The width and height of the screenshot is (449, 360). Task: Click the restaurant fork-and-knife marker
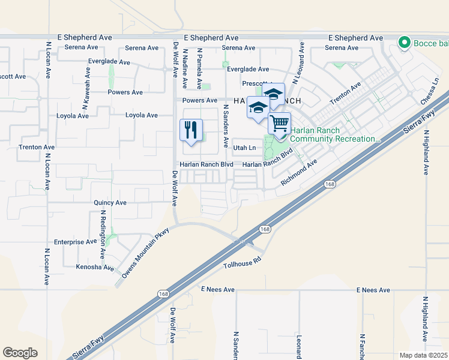coord(191,130)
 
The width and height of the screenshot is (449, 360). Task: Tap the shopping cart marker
coord(279,123)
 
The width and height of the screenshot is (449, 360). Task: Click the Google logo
coord(20,353)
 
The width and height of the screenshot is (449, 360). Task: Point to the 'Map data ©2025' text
coord(423,355)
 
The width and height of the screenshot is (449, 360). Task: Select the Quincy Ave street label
coord(110,203)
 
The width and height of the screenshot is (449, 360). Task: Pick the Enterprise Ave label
coord(75,242)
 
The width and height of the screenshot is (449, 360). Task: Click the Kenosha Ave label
coord(94,267)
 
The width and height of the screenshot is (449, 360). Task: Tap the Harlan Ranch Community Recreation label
coord(334,135)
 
